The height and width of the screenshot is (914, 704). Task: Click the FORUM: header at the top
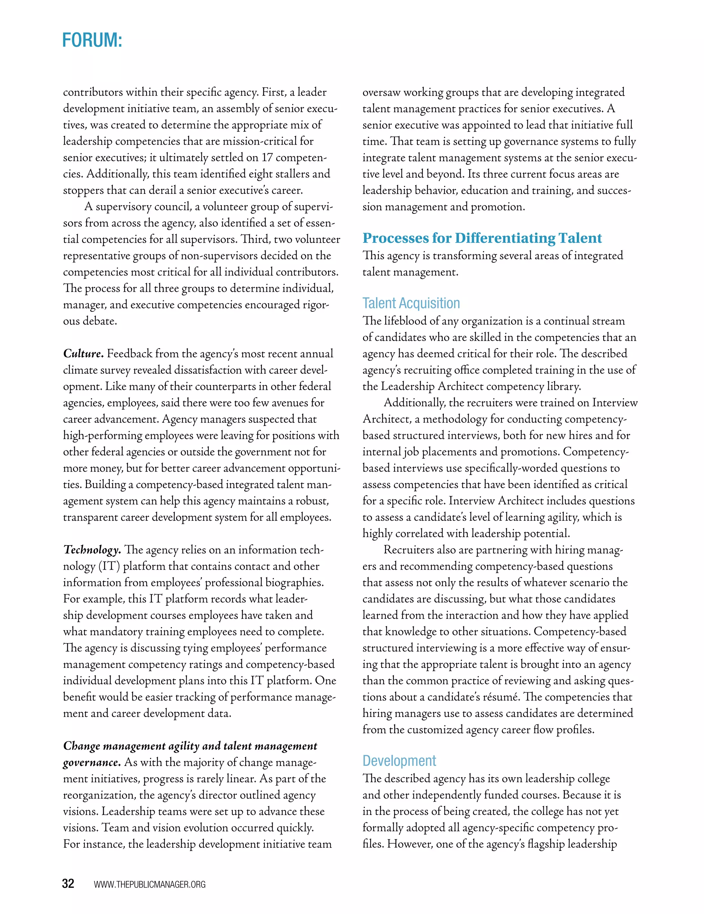pos(92,40)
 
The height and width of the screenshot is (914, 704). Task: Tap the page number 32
pos(68,883)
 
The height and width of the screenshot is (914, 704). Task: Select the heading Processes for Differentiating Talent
pos(482,238)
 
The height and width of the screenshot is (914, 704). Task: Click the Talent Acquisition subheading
pos(411,303)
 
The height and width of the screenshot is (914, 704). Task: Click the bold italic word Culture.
pos(83,354)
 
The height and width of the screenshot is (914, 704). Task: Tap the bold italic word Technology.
pos(92,550)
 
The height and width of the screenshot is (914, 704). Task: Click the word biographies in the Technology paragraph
pos(297,583)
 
